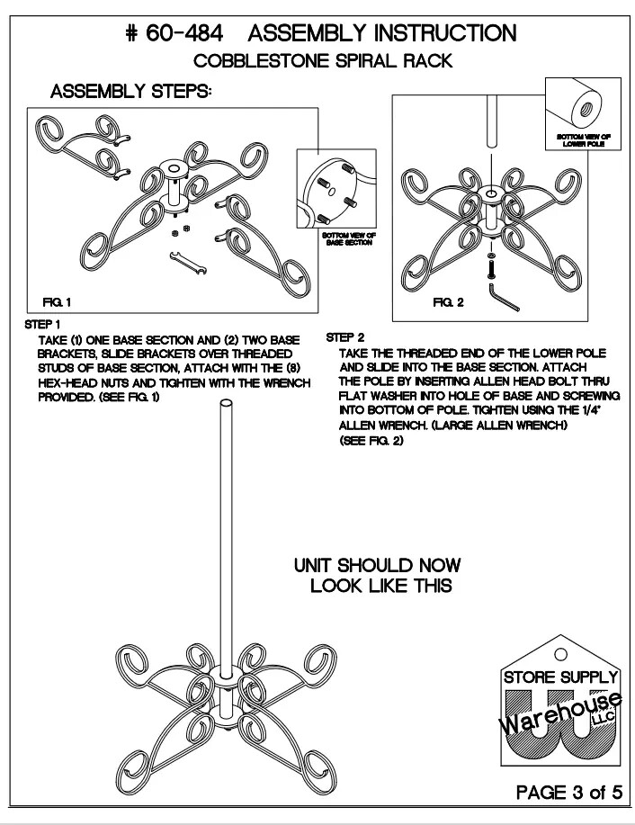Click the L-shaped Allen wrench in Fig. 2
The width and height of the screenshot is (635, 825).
coord(505,296)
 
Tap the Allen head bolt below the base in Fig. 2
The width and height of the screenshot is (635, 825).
coord(490,266)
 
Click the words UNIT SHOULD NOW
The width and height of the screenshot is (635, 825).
coord(377,566)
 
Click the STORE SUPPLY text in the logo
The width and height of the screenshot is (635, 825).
coord(559,676)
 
